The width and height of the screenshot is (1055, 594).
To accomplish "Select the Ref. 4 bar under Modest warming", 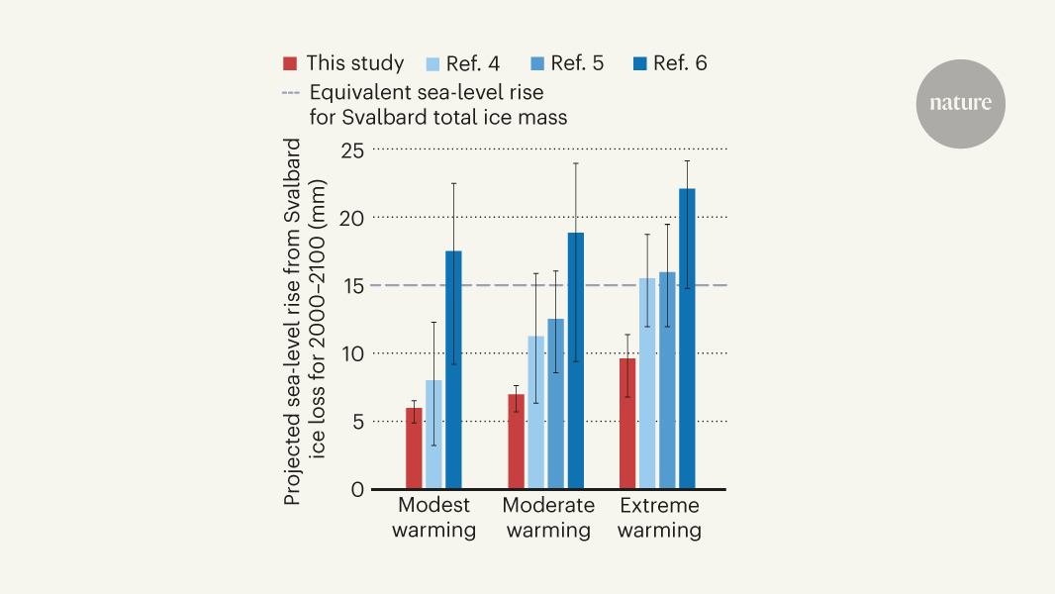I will pos(433,435).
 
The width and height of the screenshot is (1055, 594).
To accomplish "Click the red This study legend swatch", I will pos(290,64).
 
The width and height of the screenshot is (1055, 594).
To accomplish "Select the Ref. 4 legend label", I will pos(474,64).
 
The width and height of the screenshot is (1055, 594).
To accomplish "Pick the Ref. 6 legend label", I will pos(682,64).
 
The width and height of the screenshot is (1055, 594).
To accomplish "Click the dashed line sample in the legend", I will pos(290,93).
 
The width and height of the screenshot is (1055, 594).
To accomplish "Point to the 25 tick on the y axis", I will pos(353,150).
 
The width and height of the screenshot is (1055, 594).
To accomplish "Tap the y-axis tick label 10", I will pos(353,353).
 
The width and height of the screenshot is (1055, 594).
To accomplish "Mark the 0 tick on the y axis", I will pos(358,489).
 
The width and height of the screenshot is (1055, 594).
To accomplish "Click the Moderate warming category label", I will pos(548,518).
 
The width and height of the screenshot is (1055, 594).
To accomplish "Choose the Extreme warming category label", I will pos(660,518).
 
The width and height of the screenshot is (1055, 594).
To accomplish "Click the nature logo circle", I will pos(960,104).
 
